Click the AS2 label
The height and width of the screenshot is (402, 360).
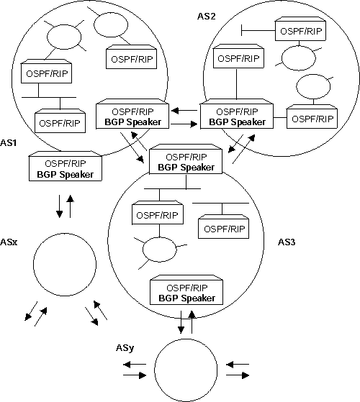[x=207, y=15]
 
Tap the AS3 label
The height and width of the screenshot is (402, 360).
[x=287, y=242]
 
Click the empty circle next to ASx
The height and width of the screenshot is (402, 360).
[x=65, y=262]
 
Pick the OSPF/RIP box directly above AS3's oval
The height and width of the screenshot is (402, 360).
[x=158, y=214]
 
